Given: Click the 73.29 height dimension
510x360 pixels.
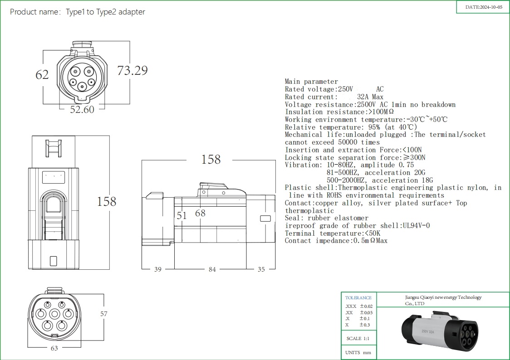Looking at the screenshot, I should (132, 71).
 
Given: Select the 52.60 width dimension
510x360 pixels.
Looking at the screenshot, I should (82, 109).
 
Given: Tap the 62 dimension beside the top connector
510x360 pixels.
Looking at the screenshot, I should (42, 74).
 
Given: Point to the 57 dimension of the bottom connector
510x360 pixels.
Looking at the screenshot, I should (104, 313).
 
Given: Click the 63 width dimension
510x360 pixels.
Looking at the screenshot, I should (54, 348).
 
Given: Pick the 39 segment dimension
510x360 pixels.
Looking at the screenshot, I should (157, 269).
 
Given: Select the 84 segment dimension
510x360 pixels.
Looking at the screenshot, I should (212, 269).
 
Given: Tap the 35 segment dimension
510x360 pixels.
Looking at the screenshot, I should (261, 269).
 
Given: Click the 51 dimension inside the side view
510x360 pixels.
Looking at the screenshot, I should (182, 216).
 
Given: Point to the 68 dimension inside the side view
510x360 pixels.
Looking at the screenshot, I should (200, 213).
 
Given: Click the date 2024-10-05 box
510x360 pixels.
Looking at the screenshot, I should (484, 7).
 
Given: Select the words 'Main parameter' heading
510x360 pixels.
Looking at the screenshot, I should (311, 82).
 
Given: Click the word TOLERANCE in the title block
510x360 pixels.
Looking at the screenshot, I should (358, 298).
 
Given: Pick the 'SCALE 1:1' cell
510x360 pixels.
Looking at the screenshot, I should (360, 339).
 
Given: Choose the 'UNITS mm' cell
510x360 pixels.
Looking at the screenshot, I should (358, 353).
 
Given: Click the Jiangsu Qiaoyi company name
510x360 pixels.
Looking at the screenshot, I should (443, 300).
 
